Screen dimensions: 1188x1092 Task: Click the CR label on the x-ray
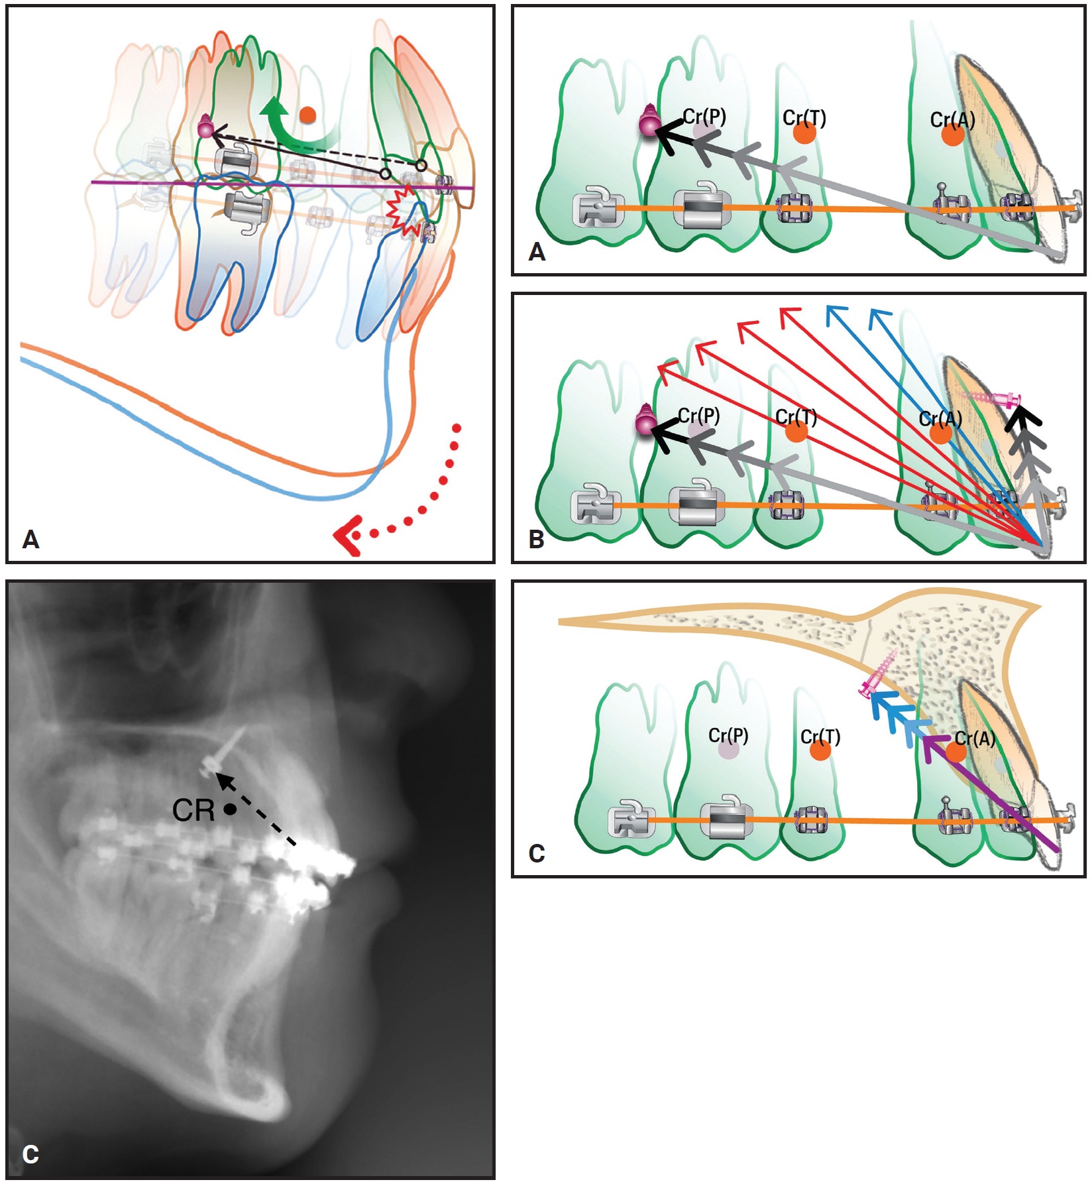pos(193,810)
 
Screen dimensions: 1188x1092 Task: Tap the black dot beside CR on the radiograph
pos(230,809)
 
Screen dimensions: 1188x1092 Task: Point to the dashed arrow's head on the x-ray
pos(225,780)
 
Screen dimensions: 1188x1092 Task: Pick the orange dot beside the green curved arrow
pos(307,115)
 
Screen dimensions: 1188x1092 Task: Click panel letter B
pos(536,540)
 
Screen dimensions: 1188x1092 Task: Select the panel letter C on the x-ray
pos(30,1154)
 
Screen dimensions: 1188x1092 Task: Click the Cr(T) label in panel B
pos(796,417)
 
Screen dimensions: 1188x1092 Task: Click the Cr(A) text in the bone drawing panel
pos(975,737)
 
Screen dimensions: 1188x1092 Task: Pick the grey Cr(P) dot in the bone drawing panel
pos(728,750)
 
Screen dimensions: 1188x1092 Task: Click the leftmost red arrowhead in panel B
pos(666,369)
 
